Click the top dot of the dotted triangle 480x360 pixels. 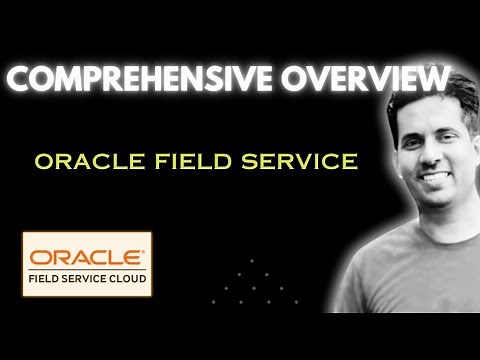click(252, 259)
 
